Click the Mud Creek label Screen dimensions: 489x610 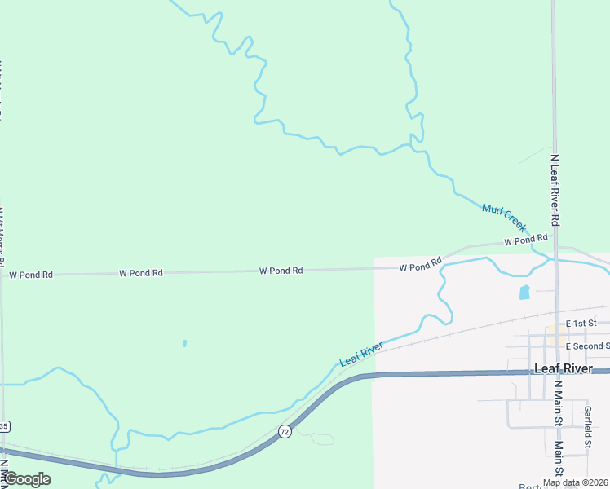504,218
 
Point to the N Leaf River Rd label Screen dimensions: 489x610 555,190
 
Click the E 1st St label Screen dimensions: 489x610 581,324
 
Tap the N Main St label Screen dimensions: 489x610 558,401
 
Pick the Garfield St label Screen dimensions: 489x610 587,428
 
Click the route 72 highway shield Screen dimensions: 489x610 284,430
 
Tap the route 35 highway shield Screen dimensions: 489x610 4,426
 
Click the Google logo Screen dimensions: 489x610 26,479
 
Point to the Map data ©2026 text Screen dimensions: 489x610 574,482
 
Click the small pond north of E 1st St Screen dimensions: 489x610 524,292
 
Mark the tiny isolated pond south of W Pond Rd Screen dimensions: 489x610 184,343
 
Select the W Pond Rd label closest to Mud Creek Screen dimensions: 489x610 524,240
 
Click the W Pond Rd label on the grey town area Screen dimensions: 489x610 421,266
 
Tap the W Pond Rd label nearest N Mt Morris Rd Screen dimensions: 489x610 31,275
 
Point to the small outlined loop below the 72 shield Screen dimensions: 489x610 321,439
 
